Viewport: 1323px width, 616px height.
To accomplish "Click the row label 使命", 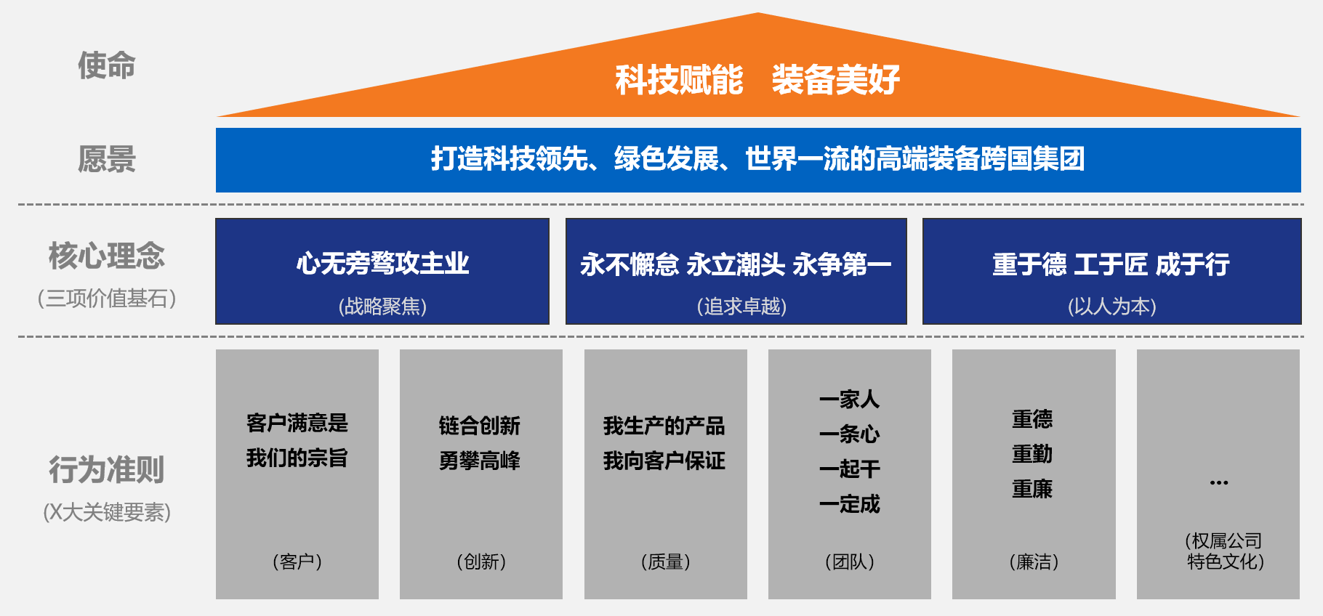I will (x=107, y=65).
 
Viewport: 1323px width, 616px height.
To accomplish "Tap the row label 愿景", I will (x=107, y=159).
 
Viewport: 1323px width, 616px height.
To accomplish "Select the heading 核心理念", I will (x=107, y=256).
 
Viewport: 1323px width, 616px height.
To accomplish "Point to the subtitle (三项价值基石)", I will (x=107, y=299).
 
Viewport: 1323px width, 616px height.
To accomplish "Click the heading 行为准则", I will (x=107, y=470).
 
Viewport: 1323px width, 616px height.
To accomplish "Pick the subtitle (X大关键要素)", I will (x=107, y=512).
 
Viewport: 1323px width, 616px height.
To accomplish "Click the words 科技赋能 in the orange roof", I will (x=679, y=80).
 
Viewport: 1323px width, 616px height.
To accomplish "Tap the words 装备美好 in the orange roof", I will (x=835, y=80).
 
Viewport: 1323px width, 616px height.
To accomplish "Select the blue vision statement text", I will (x=757, y=159).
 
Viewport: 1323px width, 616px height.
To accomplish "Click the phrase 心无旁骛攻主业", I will (x=382, y=263).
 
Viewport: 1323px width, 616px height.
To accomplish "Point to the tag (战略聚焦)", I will (x=382, y=307).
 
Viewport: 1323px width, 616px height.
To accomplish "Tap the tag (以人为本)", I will (x=1111, y=307).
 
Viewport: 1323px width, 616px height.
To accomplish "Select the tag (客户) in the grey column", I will (x=297, y=562).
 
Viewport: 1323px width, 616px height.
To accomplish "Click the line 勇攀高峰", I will (x=480, y=461).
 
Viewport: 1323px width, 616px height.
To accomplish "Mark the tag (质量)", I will (x=665, y=562).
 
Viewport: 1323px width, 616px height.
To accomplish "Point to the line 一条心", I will (x=849, y=434).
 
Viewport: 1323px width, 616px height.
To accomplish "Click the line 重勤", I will (x=1032, y=454).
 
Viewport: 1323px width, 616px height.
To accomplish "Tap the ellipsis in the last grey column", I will (x=1219, y=482).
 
